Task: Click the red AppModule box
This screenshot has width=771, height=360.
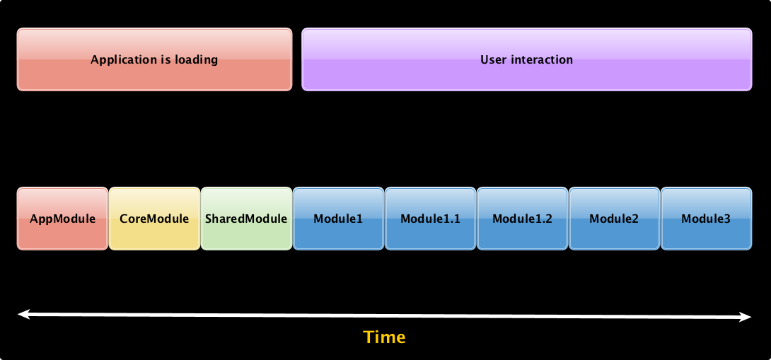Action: point(62,219)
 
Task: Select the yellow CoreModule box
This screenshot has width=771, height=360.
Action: point(154,219)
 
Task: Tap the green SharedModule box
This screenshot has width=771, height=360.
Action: point(246,219)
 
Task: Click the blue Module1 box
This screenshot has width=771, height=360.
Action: point(338,219)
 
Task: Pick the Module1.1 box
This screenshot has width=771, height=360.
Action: point(430,219)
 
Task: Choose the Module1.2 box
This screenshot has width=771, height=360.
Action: point(522,219)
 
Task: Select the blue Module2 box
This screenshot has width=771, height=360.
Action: point(614,219)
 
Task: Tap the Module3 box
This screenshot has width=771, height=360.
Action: point(706,219)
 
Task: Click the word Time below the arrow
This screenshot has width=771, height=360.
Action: point(385,337)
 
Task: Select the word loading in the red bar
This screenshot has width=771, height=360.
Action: point(197,60)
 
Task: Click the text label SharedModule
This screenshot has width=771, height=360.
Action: point(246,219)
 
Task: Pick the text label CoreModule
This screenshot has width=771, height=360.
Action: point(154,219)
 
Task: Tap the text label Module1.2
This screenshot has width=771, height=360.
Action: point(522,219)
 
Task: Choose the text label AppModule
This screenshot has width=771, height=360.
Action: point(62,219)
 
